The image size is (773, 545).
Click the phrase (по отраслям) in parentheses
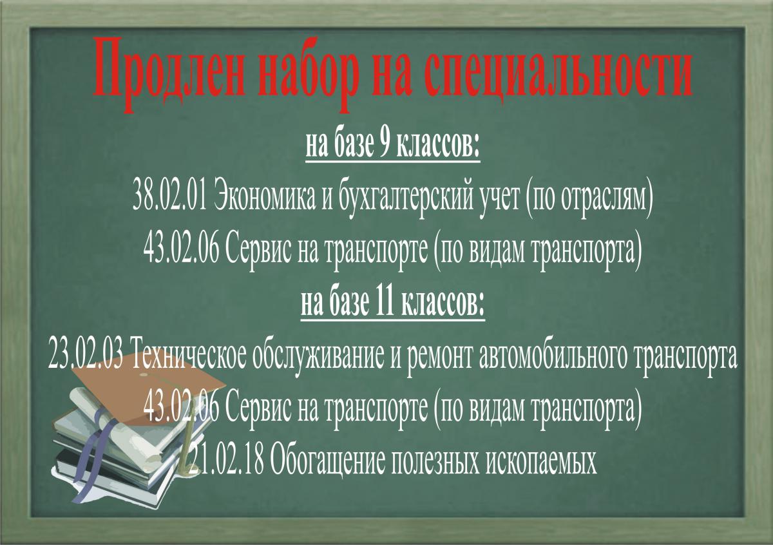[x=589, y=200]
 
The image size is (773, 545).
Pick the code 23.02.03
[x=85, y=356]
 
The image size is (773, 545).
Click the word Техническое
[x=188, y=356]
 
